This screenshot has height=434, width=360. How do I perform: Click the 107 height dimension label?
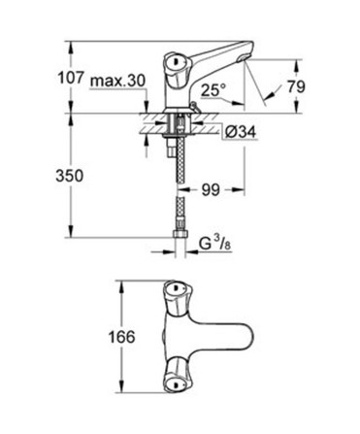71,79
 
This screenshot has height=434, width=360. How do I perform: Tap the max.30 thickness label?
117,81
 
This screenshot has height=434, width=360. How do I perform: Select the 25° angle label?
213,89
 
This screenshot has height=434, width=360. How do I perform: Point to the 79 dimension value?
296,86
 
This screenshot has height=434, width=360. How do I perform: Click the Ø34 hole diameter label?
241,132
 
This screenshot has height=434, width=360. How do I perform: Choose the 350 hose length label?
70,176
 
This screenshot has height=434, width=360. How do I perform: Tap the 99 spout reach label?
211,190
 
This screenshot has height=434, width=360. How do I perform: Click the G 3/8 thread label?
214,245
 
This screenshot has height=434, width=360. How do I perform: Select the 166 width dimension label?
121,337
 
